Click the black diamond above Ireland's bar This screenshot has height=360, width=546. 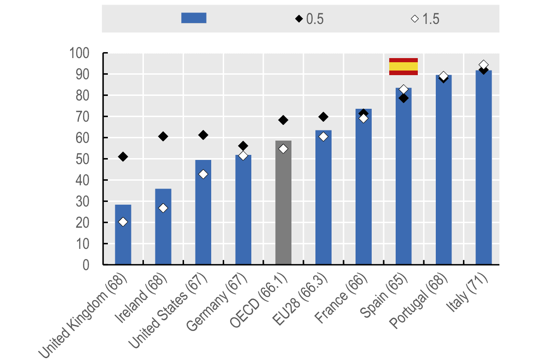[x=163, y=136]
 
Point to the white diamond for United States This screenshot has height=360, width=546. [x=203, y=174]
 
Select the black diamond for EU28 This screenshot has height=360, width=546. [x=323, y=117]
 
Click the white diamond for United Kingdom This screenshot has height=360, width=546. [x=123, y=222]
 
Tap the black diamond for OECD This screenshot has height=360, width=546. [x=283, y=120]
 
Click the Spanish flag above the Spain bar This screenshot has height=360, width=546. [x=404, y=66]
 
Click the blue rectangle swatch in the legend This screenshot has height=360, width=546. [x=194, y=18]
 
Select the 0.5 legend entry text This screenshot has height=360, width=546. [x=315, y=19]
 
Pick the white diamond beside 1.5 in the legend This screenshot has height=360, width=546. [x=415, y=19]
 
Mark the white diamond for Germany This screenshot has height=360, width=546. [x=243, y=156]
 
